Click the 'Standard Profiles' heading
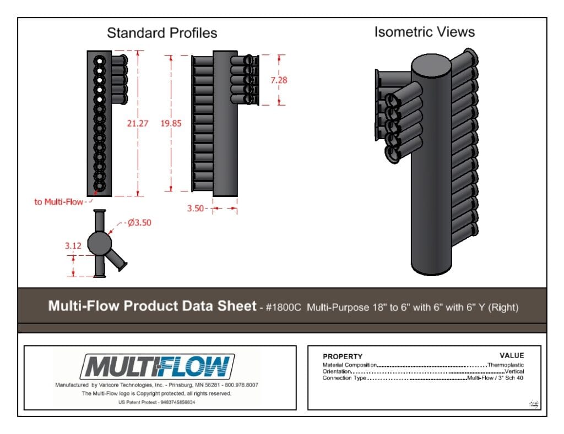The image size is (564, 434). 162,33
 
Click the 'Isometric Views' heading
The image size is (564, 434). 425,32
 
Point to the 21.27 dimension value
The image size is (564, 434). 137,124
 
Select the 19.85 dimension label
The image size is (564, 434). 171,124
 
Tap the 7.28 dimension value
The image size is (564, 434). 279,80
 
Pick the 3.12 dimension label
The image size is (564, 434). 73,246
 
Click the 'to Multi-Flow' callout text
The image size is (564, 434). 58,202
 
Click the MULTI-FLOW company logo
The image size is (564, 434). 157,367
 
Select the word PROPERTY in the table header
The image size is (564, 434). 343,356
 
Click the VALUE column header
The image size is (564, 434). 512,356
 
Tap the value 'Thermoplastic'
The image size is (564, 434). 506,365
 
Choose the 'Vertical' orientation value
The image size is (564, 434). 514,371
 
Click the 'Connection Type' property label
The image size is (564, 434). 344,378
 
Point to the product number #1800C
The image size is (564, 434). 283,307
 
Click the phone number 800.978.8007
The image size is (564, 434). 241,385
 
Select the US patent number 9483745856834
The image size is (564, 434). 178,403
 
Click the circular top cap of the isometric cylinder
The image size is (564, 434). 431,67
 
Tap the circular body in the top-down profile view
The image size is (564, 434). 100,243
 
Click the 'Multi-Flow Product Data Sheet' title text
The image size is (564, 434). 152,306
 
